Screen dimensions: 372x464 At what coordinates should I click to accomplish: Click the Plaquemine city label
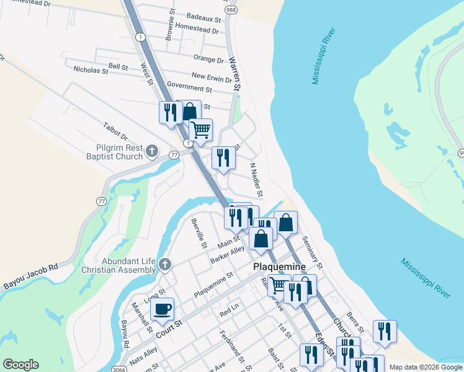click(x=279, y=267)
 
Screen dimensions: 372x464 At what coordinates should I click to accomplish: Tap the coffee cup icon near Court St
click(x=162, y=309)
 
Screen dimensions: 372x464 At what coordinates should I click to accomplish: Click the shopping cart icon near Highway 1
click(x=200, y=130)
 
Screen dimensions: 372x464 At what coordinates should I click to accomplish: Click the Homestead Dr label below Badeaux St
click(x=197, y=29)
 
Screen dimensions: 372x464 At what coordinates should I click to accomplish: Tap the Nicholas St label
click(x=91, y=71)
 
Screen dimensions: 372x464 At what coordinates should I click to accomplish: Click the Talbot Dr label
click(x=115, y=131)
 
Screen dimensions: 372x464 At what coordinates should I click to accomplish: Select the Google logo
click(x=21, y=365)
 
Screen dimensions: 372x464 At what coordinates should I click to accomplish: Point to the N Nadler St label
click(x=257, y=177)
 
